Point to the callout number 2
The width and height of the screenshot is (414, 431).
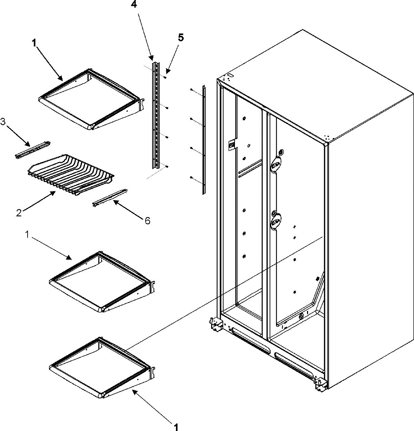pos(19,213)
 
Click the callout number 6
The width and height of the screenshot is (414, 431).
pos(147,220)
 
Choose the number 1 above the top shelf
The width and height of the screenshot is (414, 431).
pos(34,43)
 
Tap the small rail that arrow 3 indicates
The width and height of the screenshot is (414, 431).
pos(33,150)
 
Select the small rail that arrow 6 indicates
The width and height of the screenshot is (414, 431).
pos(109,198)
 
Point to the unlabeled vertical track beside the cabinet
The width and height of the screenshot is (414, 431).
pos(204,140)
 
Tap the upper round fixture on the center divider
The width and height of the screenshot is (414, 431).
pos(275,164)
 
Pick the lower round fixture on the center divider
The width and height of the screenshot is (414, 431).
pos(275,221)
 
